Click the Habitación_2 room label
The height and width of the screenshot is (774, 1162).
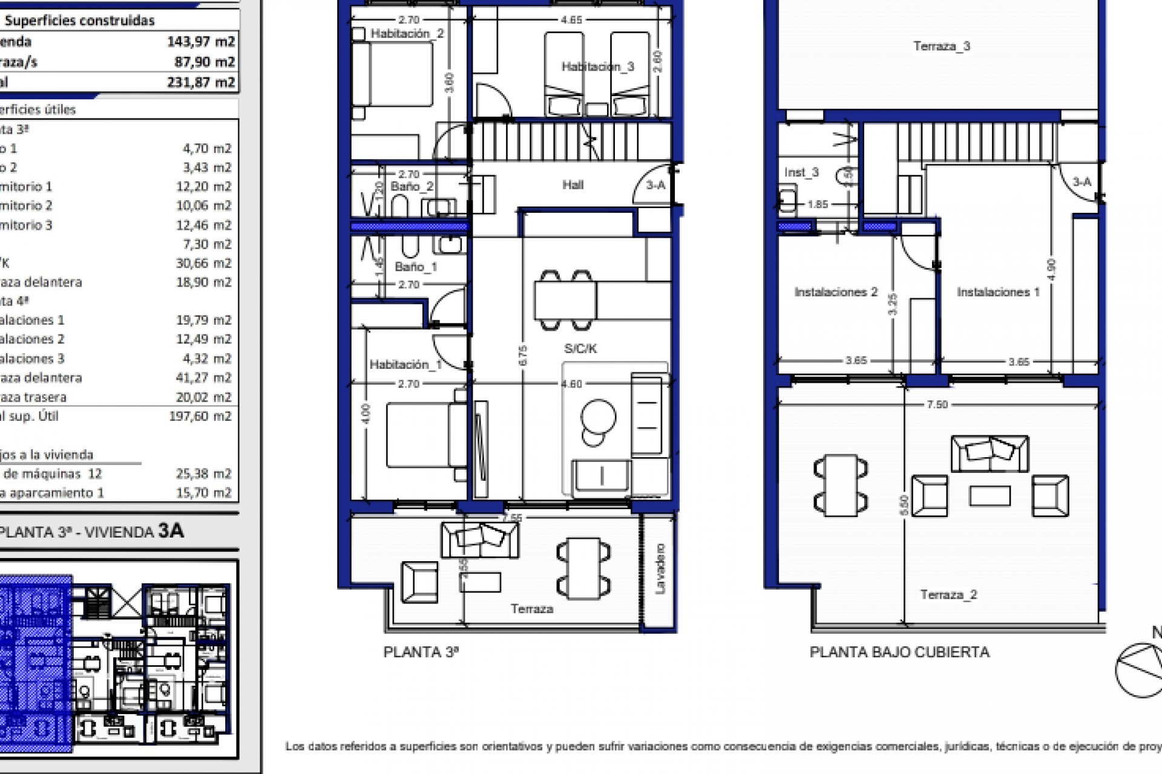pyautogui.click(x=407, y=34)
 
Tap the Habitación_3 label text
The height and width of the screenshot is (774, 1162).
pyautogui.click(x=597, y=67)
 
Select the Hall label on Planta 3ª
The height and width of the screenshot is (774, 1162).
pyautogui.click(x=573, y=185)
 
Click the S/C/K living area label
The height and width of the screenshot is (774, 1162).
pyautogui.click(x=580, y=348)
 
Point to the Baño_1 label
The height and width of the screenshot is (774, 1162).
pyautogui.click(x=416, y=267)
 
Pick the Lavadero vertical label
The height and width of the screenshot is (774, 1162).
pyautogui.click(x=660, y=568)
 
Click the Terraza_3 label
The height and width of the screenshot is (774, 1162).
pyautogui.click(x=941, y=46)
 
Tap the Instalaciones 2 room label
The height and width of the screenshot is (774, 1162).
pyautogui.click(x=835, y=292)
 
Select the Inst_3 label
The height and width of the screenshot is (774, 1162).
pyautogui.click(x=801, y=172)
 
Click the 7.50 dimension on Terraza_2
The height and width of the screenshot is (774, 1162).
pyautogui.click(x=937, y=405)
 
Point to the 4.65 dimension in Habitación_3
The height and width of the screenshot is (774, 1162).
pyautogui.click(x=571, y=20)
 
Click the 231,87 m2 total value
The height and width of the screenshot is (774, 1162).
pyautogui.click(x=200, y=82)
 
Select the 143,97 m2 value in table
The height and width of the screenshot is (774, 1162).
pyautogui.click(x=200, y=42)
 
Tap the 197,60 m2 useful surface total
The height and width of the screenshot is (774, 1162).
pyautogui.click(x=200, y=416)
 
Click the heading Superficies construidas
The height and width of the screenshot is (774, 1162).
pyautogui.click(x=79, y=21)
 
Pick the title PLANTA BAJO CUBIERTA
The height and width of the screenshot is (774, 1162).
pyautogui.click(x=899, y=652)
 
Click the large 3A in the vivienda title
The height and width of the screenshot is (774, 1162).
pyautogui.click(x=171, y=530)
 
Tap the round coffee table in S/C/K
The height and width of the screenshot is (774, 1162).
pyautogui.click(x=598, y=417)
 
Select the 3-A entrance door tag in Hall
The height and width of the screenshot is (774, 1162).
pyautogui.click(x=655, y=185)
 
